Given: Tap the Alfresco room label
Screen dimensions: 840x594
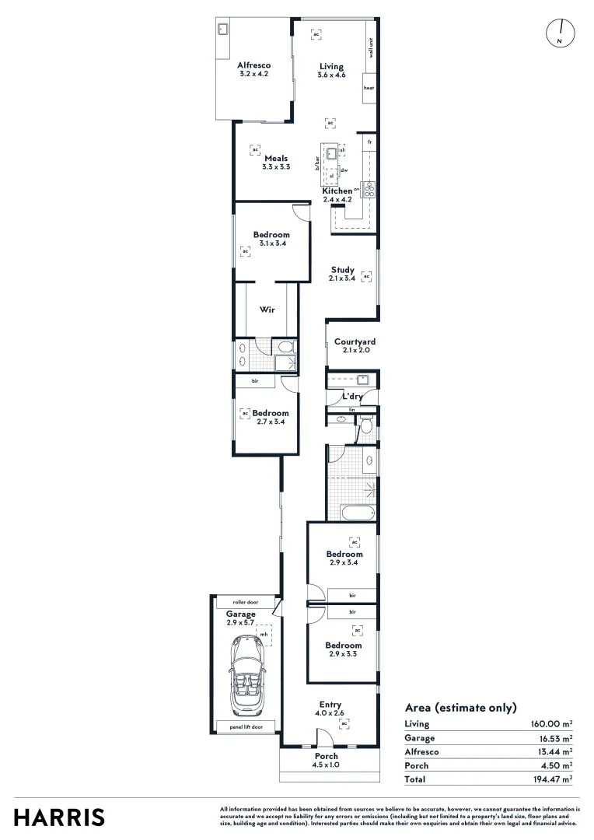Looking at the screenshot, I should pyautogui.click(x=253, y=66).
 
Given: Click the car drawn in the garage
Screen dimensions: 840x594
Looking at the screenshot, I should pyautogui.click(x=246, y=674).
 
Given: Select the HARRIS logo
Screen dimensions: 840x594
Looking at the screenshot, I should pyautogui.click(x=60, y=817).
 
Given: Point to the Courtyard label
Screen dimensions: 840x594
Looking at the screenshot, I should pyautogui.click(x=355, y=341).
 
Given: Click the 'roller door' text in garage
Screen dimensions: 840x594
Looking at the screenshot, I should pyautogui.click(x=245, y=603).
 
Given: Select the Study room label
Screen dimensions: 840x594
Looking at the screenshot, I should pyautogui.click(x=343, y=270).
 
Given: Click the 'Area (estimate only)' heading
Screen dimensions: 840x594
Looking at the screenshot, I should pyautogui.click(x=461, y=708).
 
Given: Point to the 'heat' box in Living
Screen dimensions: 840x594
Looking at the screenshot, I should pyautogui.click(x=369, y=88).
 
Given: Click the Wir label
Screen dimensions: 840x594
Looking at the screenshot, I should pyautogui.click(x=267, y=309).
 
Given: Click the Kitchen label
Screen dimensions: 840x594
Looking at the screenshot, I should pyautogui.click(x=337, y=191).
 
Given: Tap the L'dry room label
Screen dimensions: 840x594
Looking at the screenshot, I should pyautogui.click(x=353, y=397).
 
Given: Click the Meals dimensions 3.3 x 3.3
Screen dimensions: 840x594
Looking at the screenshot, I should pyautogui.click(x=275, y=166).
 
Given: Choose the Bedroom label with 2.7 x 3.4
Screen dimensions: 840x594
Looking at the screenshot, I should pyautogui.click(x=270, y=413).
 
